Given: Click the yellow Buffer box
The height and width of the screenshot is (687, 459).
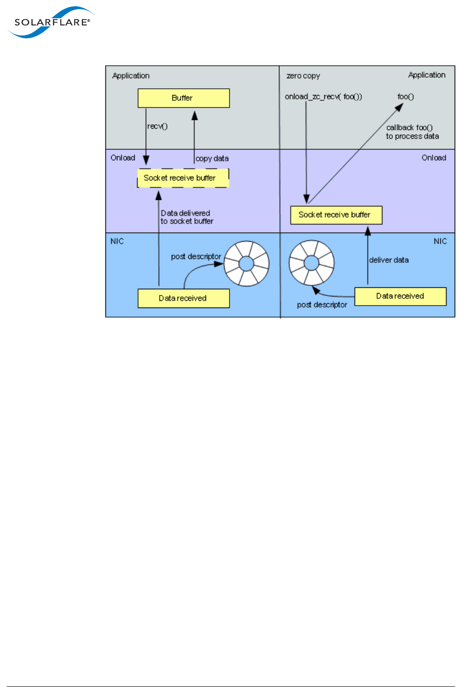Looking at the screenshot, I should point(184,98).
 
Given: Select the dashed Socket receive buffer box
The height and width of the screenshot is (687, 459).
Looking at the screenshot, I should point(183,178).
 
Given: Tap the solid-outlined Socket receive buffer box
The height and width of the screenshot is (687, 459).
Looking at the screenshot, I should point(336,215).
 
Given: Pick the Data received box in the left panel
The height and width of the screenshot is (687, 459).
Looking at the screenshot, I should point(184,298).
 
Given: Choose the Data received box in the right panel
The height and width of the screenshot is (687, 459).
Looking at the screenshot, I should point(400,296).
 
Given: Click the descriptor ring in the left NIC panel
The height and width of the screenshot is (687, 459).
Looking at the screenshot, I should point(246,263).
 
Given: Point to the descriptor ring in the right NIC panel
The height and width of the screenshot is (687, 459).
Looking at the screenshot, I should point(311,262).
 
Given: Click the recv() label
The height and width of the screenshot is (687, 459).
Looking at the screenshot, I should point(157,126).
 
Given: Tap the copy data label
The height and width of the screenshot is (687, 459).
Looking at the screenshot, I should point(212,158).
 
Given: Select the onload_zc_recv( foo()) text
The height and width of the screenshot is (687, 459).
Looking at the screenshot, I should point(323,96).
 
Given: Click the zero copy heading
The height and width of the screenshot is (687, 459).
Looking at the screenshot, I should point(303,76).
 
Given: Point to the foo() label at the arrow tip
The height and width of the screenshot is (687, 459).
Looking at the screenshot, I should point(405,96).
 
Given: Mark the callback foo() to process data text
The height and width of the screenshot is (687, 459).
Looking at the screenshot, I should point(412,132).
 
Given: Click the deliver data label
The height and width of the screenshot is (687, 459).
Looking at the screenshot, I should point(389,260).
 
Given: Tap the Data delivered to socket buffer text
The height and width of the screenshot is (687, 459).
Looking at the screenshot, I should point(186,217).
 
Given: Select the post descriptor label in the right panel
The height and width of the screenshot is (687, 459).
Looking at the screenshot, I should point(322,305).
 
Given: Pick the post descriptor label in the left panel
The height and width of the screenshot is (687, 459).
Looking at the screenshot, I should point(196,257).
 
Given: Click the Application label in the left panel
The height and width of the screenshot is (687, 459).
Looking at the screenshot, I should point(131,76).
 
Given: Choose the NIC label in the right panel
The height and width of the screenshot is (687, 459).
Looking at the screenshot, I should point(440,241).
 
